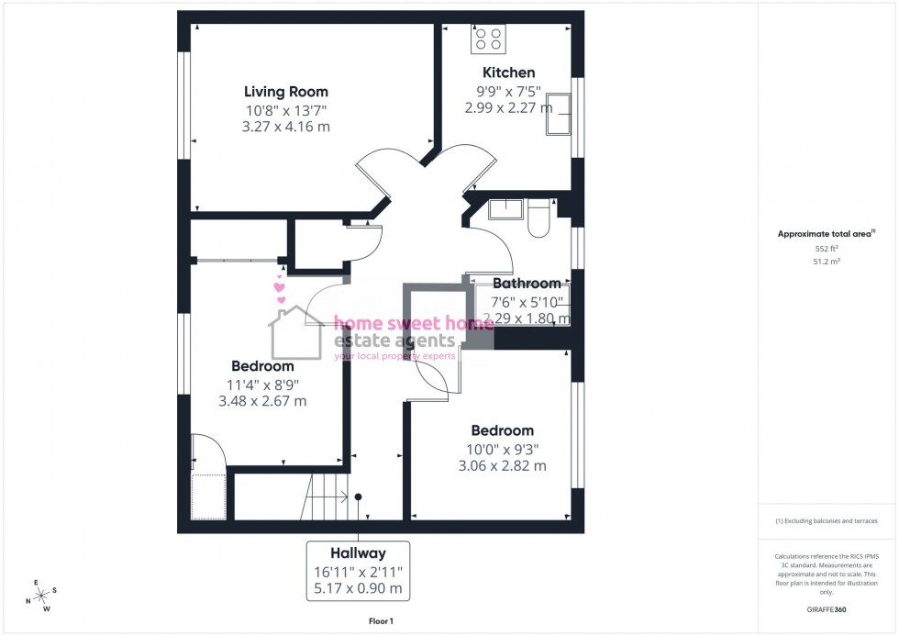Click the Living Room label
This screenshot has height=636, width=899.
[285, 92]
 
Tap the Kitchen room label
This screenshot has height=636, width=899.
[509, 73]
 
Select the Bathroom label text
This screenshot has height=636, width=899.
[527, 284]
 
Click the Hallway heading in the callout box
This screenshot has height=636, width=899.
[358, 553]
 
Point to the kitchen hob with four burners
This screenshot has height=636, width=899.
[488, 39]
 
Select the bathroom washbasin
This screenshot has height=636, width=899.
[504, 209]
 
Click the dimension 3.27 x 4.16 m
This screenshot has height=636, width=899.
[285, 127]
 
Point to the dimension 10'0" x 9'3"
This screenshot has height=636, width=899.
[503, 449]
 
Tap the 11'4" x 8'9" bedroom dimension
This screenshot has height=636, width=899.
[262, 385]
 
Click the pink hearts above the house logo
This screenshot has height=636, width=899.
[281, 290]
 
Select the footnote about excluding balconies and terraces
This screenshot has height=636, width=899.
[827, 521]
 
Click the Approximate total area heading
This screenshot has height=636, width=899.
[826, 234]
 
